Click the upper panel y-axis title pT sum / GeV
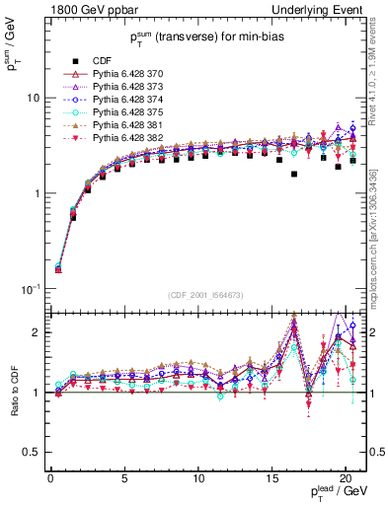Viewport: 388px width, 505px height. tap(13, 45)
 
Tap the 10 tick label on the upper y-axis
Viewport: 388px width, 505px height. tap(33, 99)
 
